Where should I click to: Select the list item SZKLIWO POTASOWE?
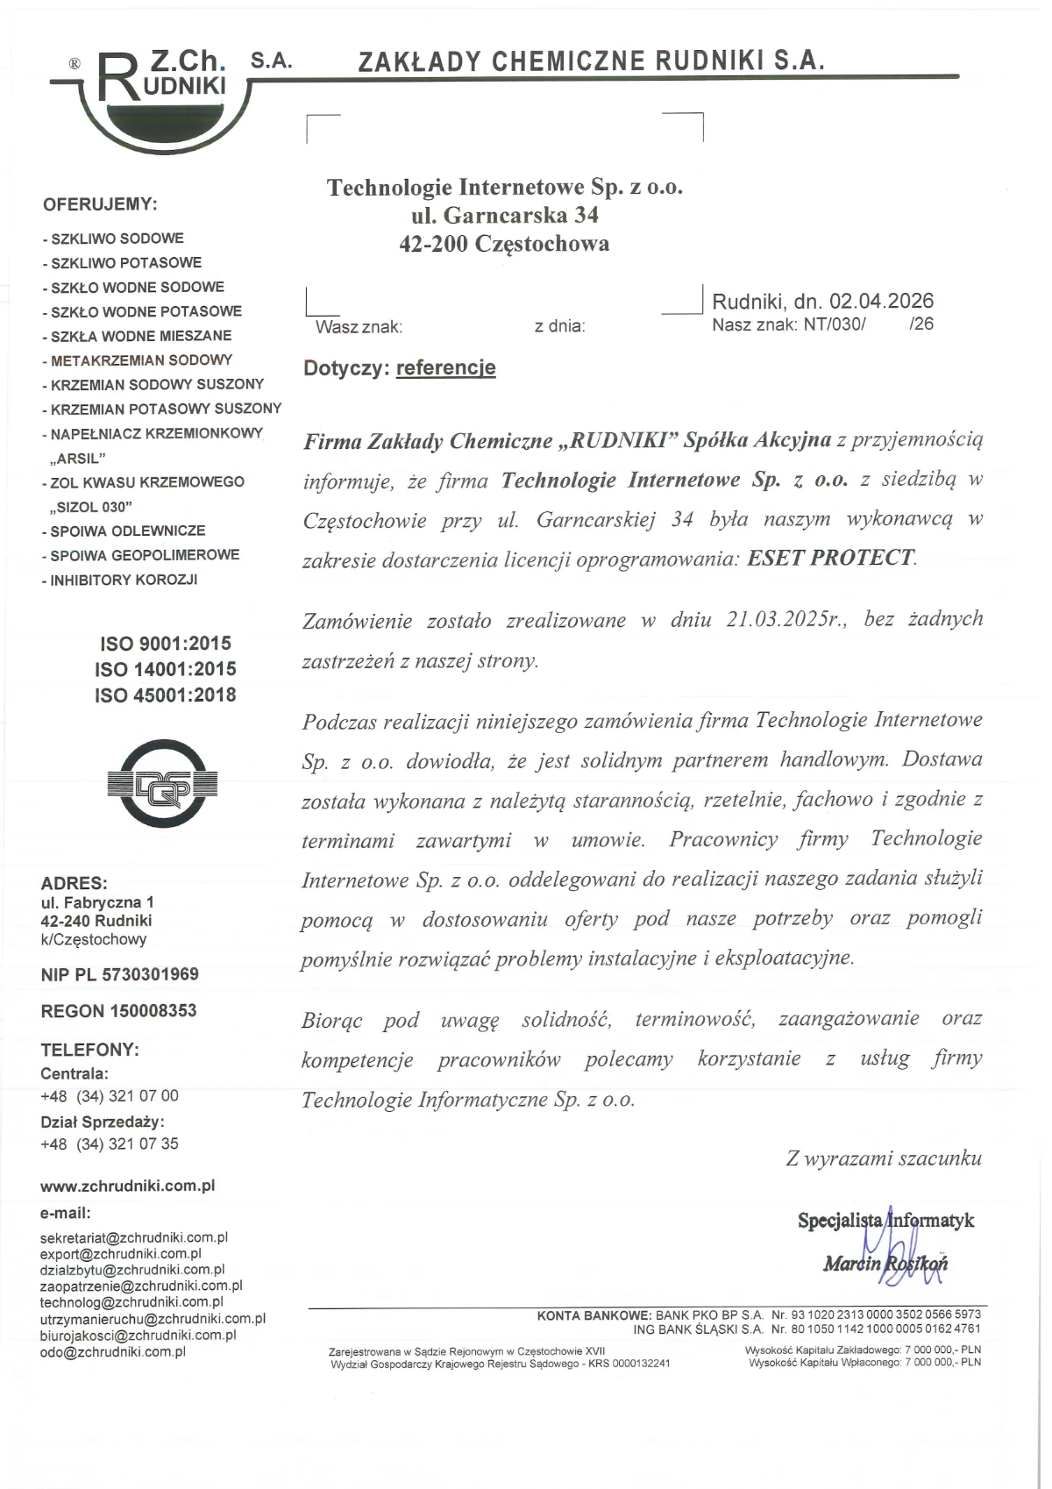125,263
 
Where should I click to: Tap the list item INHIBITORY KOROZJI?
124,580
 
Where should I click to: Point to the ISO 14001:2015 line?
166,669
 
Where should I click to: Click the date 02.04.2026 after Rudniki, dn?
881,302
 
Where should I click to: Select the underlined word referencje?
445,368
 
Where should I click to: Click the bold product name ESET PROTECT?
829,559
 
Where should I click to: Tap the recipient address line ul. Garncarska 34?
505,216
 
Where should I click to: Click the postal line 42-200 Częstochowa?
504,244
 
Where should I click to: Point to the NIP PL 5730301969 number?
120,974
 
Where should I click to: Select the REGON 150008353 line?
119,1011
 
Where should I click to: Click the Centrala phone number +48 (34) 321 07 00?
110,1096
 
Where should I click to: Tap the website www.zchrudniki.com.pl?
128,1186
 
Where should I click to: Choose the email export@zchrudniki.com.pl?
121,1254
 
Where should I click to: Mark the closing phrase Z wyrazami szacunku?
884,1158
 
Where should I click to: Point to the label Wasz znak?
359,327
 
